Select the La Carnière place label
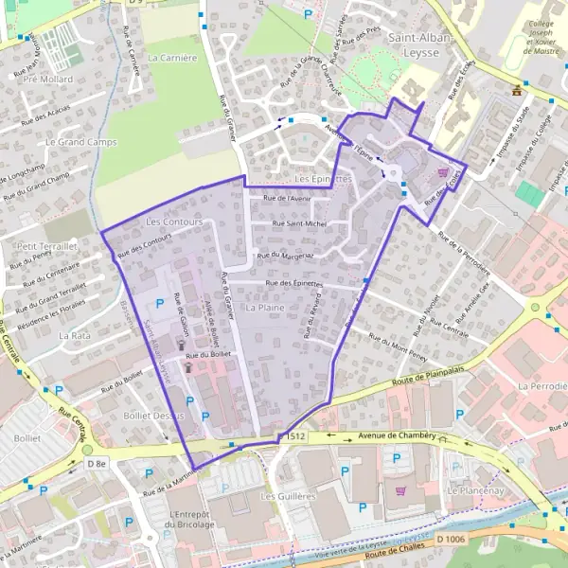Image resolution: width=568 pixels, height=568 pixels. pos(172,58)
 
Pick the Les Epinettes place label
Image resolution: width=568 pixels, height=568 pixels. pos(323,178)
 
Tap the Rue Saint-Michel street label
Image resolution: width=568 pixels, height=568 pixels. pos(299,223)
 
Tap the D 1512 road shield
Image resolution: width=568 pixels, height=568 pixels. pos(292,436)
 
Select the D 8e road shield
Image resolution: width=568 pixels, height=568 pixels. pos(97,463)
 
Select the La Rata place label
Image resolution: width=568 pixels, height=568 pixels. pos(74,336)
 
